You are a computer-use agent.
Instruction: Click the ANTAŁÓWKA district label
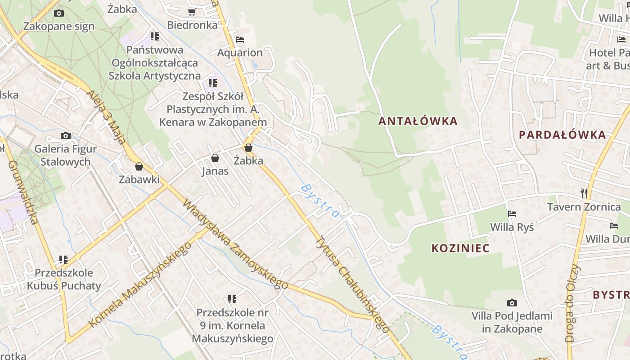[418, 121]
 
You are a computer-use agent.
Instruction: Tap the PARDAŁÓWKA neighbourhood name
[562, 135]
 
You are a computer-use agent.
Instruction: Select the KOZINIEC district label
[460, 248]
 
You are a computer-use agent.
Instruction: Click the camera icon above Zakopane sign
[58, 13]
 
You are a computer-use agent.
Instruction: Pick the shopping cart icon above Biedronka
[192, 12]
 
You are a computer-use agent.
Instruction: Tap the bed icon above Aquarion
[240, 40]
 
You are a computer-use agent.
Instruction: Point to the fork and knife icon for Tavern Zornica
[584, 193]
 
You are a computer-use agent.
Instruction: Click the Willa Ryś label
[512, 227]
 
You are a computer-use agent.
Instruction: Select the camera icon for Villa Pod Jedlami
[512, 303]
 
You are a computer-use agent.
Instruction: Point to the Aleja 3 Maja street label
[108, 117]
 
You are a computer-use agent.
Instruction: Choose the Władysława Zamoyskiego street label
[235, 244]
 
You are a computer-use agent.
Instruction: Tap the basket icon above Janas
[215, 158]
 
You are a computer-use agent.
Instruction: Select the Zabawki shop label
[139, 180]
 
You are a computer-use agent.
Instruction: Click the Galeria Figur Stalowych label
[65, 155]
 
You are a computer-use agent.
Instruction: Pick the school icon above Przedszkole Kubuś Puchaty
[63, 260]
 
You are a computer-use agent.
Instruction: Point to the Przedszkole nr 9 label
[232, 325]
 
